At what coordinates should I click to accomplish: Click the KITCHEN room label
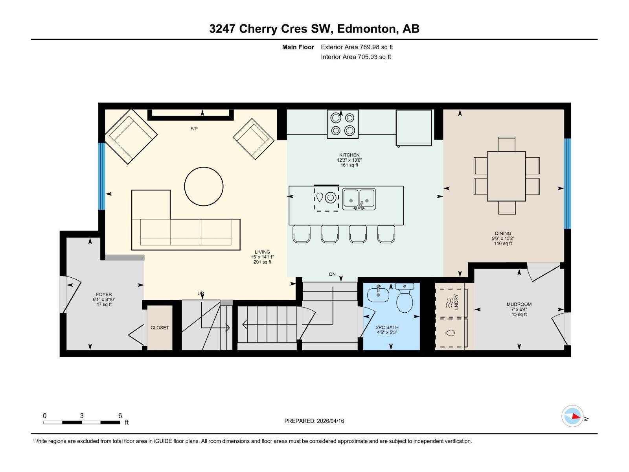pos(349,155)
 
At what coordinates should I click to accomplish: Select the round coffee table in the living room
pos(204,186)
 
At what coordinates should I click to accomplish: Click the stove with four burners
pos(342,124)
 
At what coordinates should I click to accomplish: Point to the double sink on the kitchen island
pos(359,199)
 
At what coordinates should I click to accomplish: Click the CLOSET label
pos(160,328)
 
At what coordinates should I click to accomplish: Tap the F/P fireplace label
pos(194,129)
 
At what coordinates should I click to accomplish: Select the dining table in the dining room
pos(506,176)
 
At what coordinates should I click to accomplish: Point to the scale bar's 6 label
pos(120,416)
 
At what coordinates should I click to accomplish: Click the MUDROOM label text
pos(519,304)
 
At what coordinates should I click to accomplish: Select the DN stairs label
pos(332,274)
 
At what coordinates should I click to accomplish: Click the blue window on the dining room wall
pos(567,183)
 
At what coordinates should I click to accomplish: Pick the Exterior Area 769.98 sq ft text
pos(357,47)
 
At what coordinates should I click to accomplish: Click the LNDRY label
pos(456,302)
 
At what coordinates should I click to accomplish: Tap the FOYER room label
pos(104,294)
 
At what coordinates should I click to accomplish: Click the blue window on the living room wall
pos(101,176)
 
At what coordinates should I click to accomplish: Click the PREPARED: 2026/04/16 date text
pos(314,421)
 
